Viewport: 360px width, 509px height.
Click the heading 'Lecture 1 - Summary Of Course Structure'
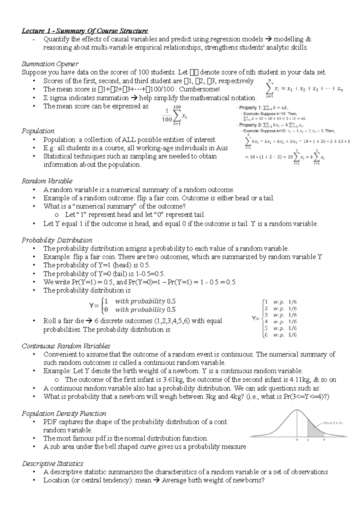click(x=85, y=31)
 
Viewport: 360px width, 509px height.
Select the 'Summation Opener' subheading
click(x=50, y=64)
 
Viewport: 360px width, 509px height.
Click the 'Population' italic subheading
click(x=38, y=131)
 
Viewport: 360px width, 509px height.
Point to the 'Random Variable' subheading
click(x=47, y=181)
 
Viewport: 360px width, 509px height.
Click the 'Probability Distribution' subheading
click(x=57, y=240)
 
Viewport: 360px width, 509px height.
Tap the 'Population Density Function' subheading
click(x=64, y=414)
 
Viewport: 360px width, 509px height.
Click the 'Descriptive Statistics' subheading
click(x=52, y=463)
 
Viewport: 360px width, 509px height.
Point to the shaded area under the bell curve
click(x=314, y=429)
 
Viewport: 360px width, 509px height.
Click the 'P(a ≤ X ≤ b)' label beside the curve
click(x=333, y=423)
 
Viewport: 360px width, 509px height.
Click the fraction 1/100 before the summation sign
click(x=167, y=115)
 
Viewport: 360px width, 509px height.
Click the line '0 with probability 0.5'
click(x=139, y=310)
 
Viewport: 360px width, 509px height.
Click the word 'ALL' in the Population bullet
click(x=129, y=140)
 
